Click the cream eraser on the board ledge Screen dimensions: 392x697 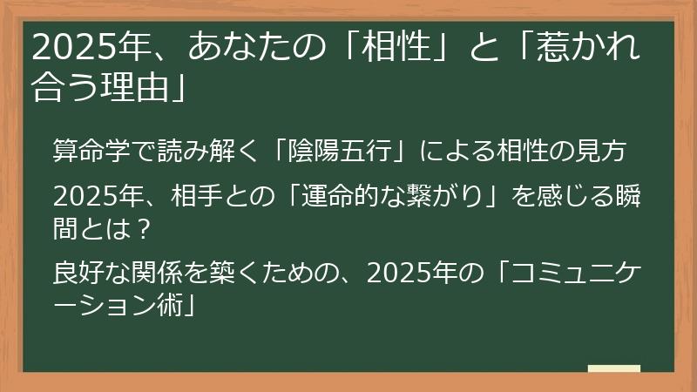point(613,368)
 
